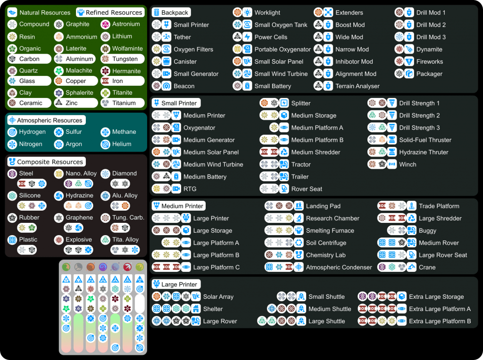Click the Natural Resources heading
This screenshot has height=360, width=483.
tap(44, 12)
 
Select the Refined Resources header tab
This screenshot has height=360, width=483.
tap(114, 12)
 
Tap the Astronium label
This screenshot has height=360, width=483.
tap(126, 24)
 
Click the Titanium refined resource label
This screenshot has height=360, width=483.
tap(124, 103)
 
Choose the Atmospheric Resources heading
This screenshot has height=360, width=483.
tap(50, 120)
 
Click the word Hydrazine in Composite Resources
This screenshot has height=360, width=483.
tap(80, 196)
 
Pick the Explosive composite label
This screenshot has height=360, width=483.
tap(79, 239)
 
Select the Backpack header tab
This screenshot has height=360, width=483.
tap(175, 12)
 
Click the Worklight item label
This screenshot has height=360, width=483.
tap(267, 12)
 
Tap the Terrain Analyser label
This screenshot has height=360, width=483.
tap(358, 86)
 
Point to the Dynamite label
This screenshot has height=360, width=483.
tap(429, 49)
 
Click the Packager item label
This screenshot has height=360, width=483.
tap(429, 74)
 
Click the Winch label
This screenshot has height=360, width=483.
tap(408, 164)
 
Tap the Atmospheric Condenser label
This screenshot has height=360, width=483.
tap(339, 267)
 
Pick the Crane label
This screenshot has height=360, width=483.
tap(427, 267)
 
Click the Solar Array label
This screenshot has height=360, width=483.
tap(218, 297)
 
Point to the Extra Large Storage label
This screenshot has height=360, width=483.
tap(436, 297)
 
